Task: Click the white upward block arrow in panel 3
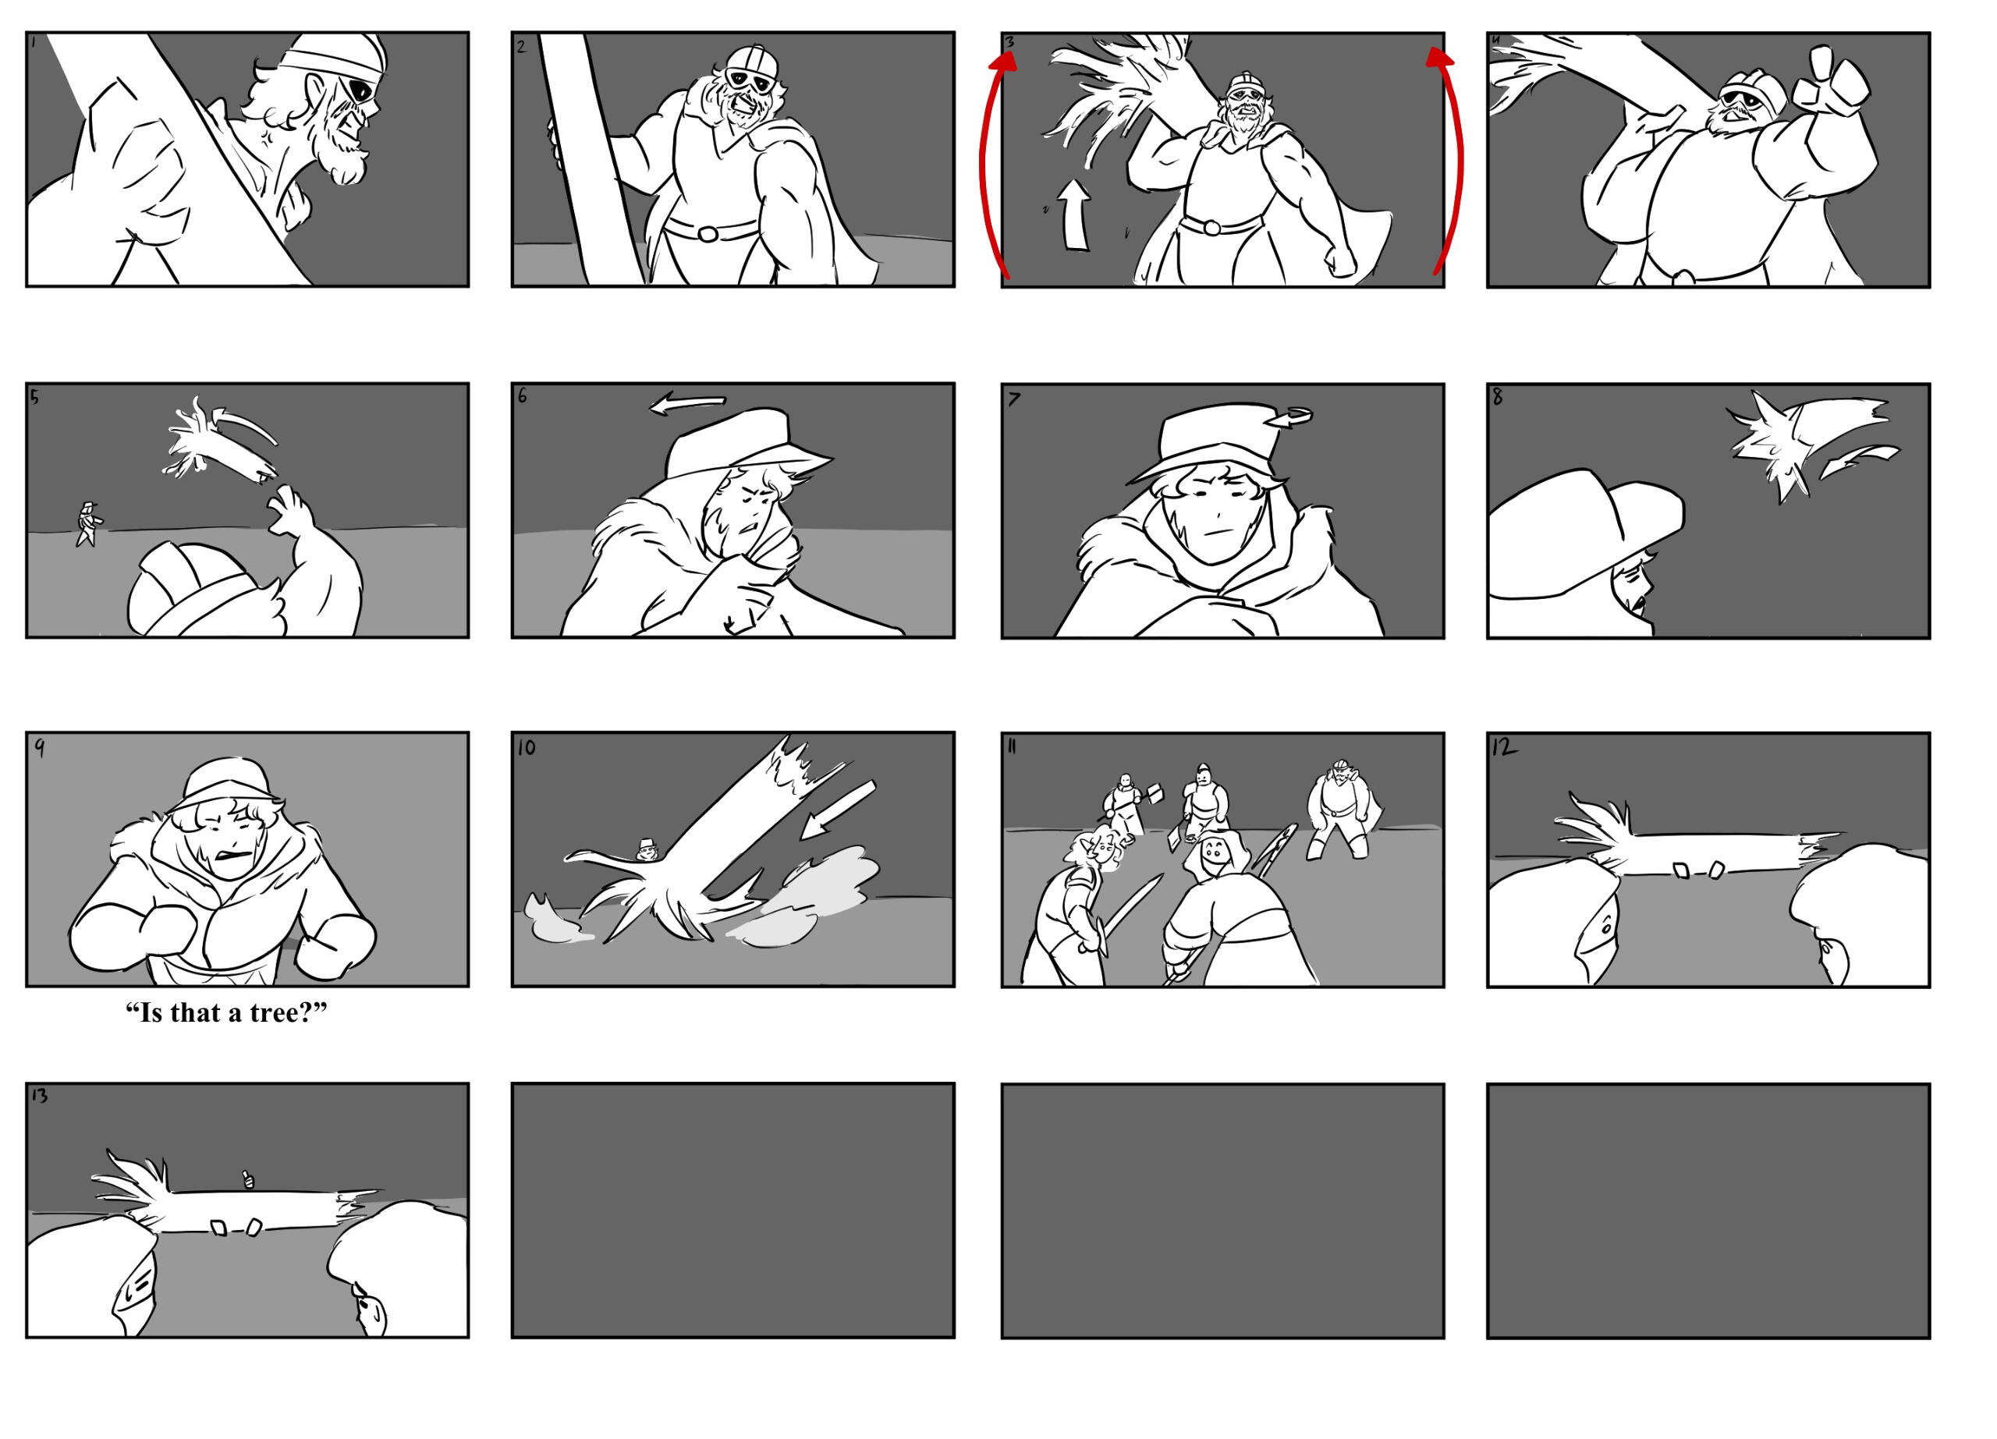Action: pos(1075,215)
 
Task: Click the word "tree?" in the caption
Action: pos(288,1014)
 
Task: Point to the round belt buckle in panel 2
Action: pos(707,233)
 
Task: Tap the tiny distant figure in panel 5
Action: pos(88,525)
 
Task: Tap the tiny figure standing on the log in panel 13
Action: pos(248,1178)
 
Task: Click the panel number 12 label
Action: pos(1505,748)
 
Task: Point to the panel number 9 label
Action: pos(40,748)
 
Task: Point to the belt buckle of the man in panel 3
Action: pos(1211,228)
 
